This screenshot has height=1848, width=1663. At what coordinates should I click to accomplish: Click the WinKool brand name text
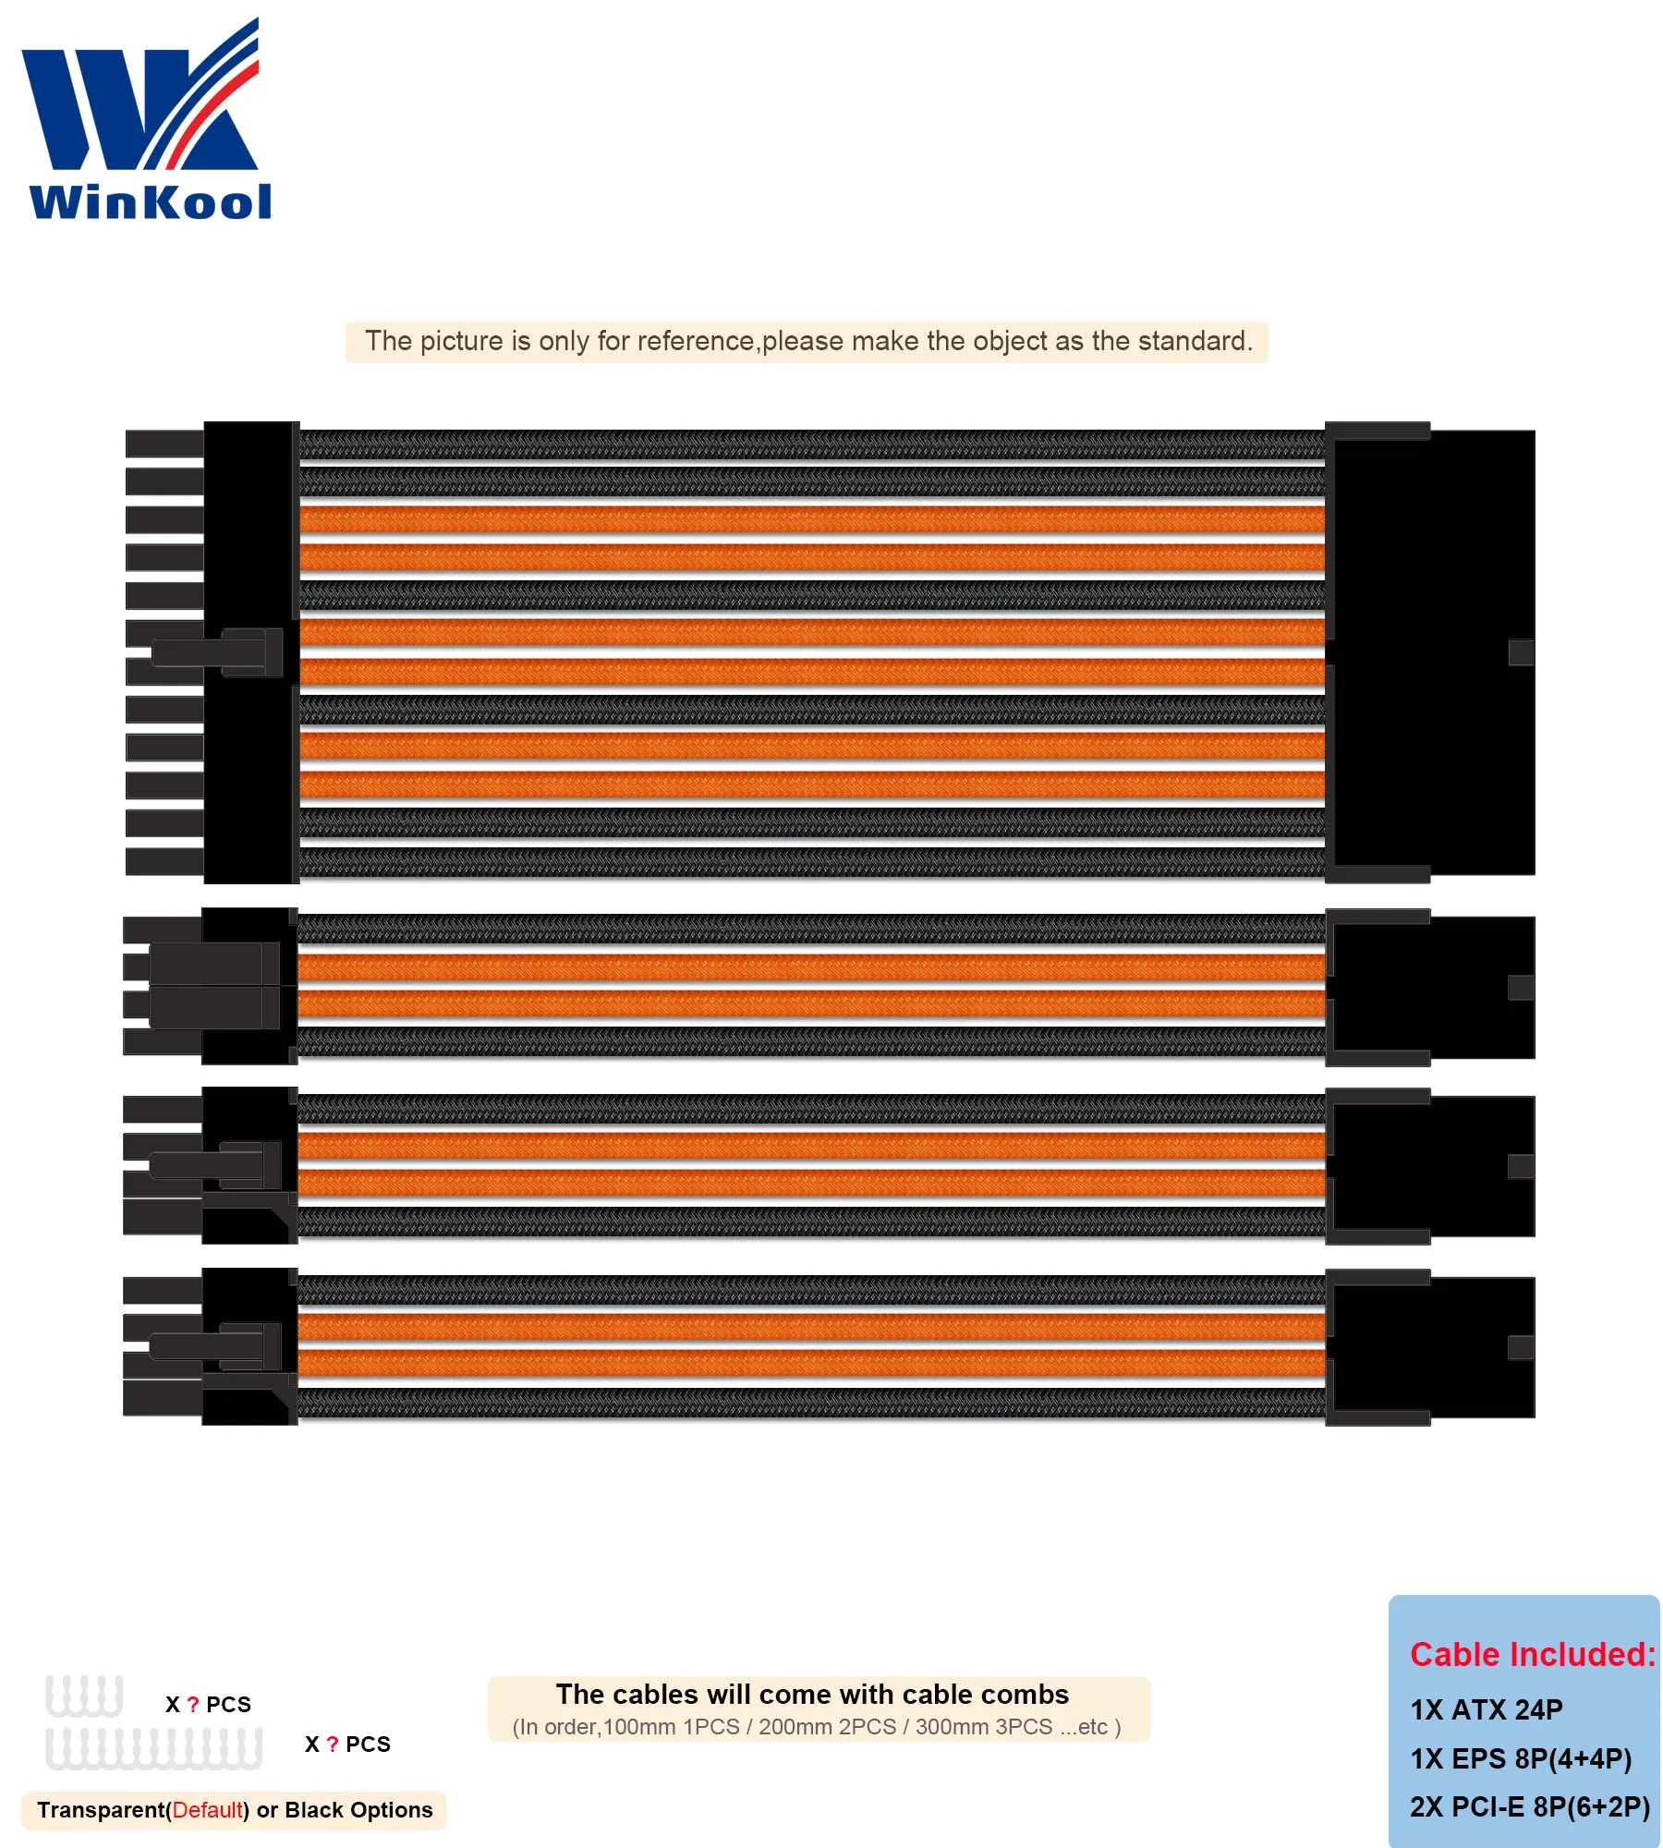(151, 201)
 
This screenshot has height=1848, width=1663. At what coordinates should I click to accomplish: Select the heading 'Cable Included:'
(1532, 1654)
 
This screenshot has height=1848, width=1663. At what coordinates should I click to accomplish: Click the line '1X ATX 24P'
(1486, 1709)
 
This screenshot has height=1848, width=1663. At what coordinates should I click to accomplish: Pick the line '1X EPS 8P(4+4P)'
(1520, 1758)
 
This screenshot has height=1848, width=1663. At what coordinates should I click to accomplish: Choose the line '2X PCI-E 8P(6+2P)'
(1529, 1806)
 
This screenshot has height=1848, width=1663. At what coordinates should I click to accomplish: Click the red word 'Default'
(208, 1809)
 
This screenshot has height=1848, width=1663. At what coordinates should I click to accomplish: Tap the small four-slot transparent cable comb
(84, 1696)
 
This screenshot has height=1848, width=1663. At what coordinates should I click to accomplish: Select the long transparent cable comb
(153, 1748)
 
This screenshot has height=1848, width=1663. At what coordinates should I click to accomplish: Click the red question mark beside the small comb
(193, 1705)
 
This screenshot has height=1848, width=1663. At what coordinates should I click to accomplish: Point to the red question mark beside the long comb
(333, 1745)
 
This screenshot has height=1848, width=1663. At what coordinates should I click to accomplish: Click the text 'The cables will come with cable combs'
(812, 1694)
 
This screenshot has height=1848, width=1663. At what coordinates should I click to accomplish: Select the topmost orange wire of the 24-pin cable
(811, 519)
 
